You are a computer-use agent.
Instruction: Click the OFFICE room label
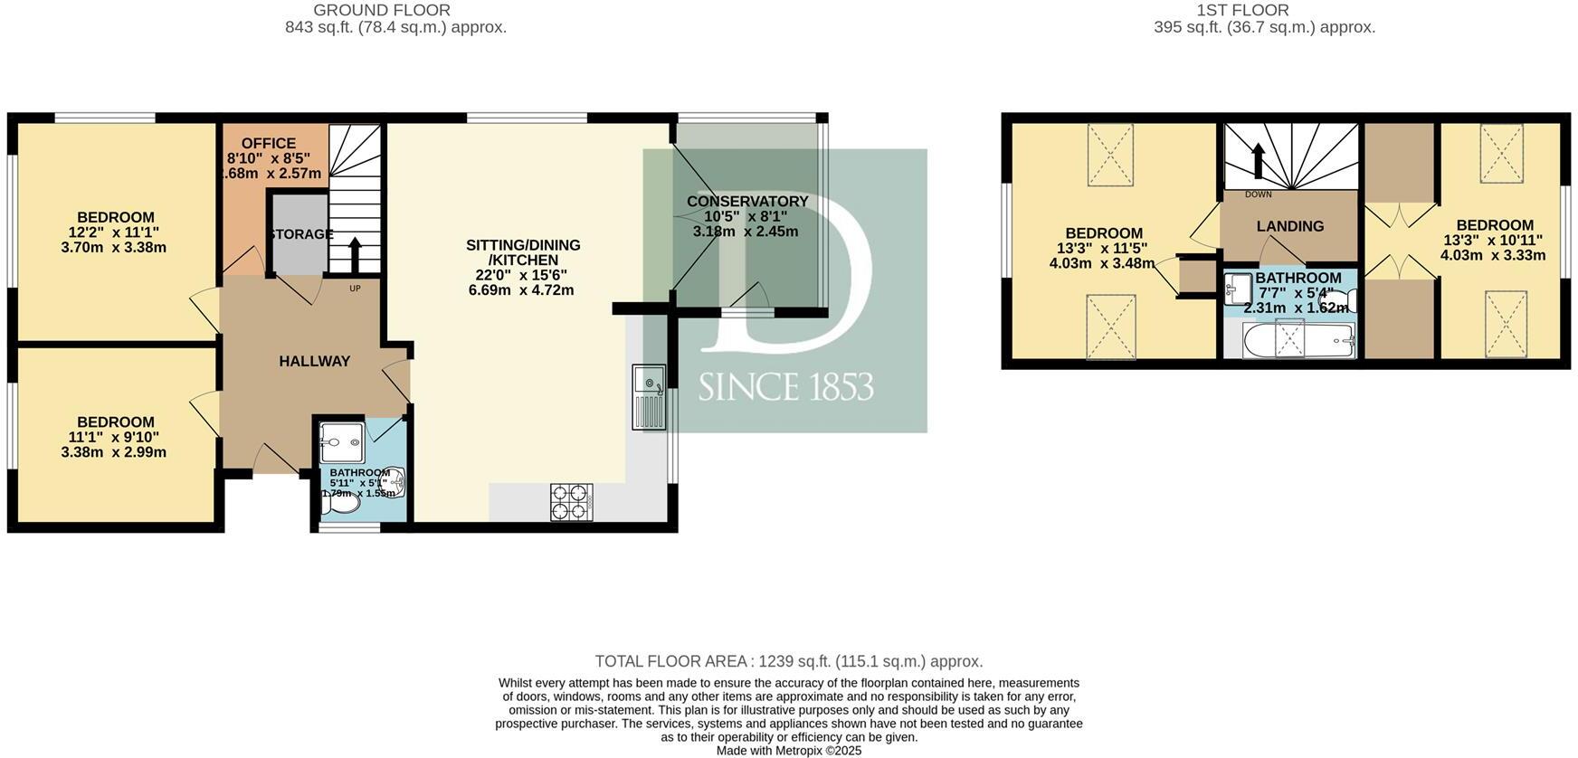(269, 144)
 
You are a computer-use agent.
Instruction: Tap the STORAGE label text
(300, 234)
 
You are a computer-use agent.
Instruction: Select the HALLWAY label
(314, 362)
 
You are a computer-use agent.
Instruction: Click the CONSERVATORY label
(746, 202)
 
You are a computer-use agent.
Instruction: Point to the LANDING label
(1289, 227)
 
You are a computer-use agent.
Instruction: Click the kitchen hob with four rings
(571, 502)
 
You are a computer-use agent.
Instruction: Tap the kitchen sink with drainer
(649, 398)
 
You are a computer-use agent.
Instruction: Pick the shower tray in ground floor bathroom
(341, 443)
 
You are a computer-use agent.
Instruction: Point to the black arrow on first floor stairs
(1257, 161)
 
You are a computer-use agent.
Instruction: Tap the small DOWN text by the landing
(1258, 194)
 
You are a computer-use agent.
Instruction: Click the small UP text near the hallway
(355, 289)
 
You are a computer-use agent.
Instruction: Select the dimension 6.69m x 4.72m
(521, 290)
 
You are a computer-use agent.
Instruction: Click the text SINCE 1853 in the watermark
(785, 387)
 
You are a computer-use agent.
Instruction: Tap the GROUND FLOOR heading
(381, 11)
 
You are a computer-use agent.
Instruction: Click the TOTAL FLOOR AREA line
(788, 661)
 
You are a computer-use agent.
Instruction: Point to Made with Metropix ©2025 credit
(788, 751)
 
